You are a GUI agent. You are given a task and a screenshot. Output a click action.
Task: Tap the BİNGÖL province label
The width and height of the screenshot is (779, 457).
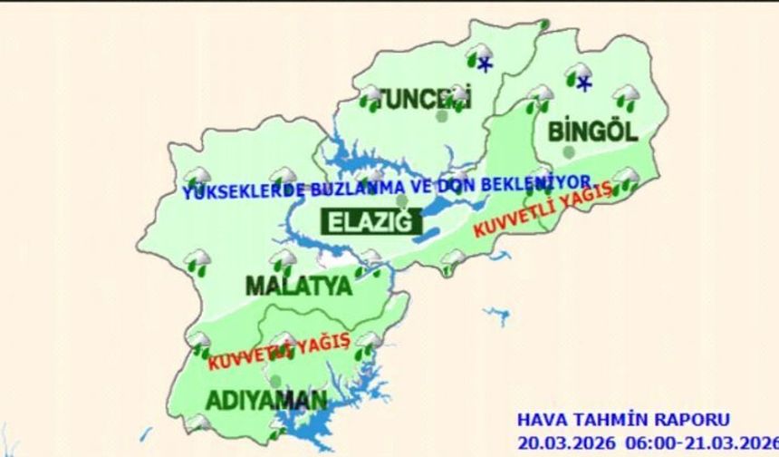[592, 131]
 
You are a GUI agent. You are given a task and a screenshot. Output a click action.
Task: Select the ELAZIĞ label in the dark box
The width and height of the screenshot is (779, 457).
[368, 221]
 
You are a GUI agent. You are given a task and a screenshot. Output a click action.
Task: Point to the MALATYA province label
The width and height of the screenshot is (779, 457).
[298, 287]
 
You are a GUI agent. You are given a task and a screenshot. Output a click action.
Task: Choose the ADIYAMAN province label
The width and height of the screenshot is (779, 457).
[253, 400]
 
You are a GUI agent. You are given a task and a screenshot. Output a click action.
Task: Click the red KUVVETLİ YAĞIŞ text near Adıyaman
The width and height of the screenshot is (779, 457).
[278, 351]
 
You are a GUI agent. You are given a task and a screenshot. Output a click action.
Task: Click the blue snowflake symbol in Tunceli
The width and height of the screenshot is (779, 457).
[486, 64]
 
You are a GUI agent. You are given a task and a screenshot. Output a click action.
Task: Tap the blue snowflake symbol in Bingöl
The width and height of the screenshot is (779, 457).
[584, 84]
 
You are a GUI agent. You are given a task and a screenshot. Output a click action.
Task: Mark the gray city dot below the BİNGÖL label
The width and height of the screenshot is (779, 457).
[568, 151]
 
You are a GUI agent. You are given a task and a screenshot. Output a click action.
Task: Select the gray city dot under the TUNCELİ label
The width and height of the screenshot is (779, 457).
[441, 116]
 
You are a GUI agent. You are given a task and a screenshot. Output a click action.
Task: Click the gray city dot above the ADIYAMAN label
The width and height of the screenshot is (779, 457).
[275, 381]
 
